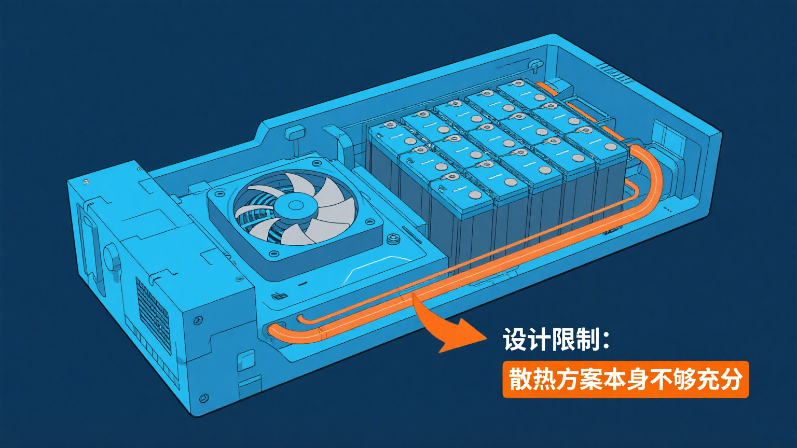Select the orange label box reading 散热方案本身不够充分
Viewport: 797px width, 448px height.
(x=625, y=379)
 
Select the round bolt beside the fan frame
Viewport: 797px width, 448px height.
(x=393, y=240)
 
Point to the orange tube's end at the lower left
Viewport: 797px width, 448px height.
(x=274, y=331)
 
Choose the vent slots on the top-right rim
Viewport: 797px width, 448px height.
(x=615, y=73)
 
